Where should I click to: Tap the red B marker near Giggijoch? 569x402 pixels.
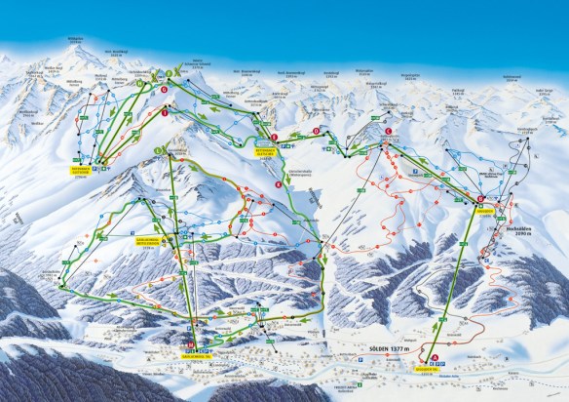[x=480, y=198]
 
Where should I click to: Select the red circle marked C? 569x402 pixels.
[x=389, y=131]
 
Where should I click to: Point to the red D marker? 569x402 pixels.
[x=317, y=131]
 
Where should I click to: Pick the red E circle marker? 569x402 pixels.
[x=276, y=138]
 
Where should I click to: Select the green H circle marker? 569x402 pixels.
[x=140, y=85]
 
